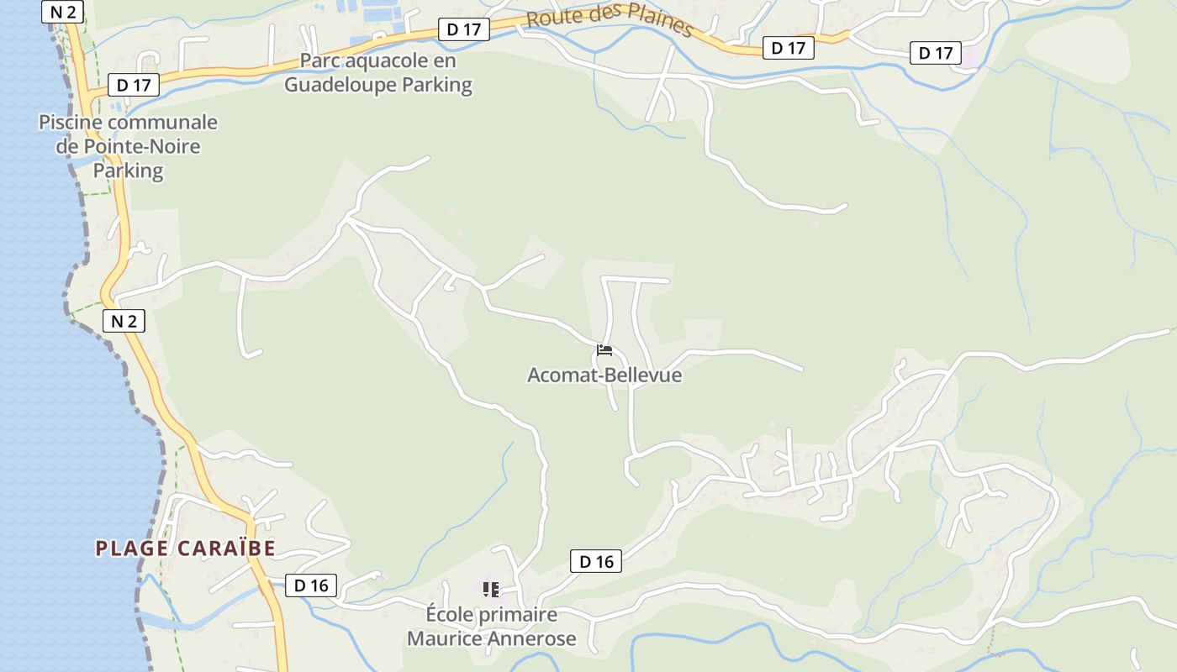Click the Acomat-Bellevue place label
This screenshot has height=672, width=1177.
[604, 375]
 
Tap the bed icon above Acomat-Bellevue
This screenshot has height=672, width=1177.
[604, 350]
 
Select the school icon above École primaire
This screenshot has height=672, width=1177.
[491, 590]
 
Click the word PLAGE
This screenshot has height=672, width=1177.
[133, 549]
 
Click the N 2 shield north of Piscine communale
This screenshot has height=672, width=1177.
[62, 11]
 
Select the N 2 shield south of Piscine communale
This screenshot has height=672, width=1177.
[124, 320]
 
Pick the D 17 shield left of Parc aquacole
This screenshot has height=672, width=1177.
[134, 85]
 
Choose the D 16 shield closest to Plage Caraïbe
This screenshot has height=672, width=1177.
[311, 585]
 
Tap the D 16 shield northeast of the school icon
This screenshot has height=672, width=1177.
[596, 562]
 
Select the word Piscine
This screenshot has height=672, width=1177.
[71, 123]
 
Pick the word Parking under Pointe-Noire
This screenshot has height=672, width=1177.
[128, 171]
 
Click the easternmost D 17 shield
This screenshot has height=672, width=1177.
[935, 54]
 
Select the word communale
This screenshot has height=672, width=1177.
[163, 123]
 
